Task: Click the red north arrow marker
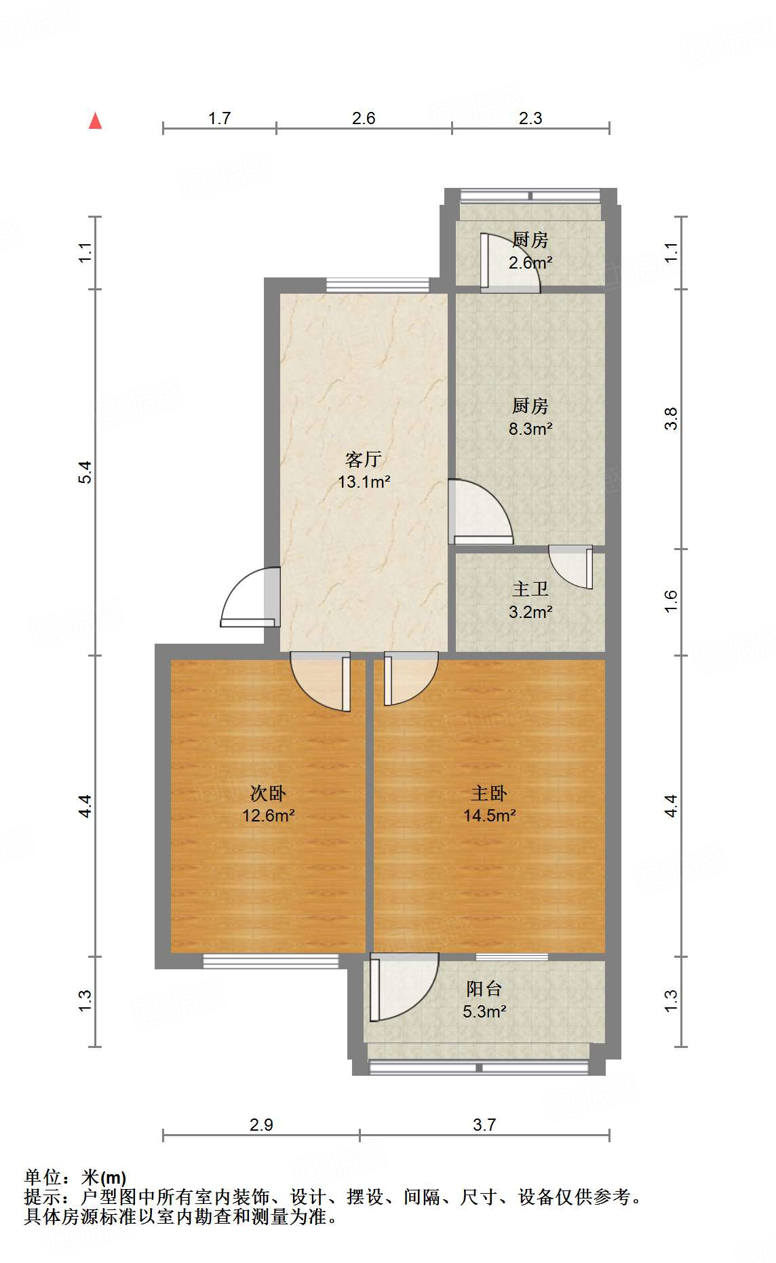tap(96, 121)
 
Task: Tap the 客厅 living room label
tap(363, 460)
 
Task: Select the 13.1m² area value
tap(364, 482)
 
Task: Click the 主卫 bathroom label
tap(530, 589)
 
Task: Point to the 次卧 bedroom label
tap(268, 793)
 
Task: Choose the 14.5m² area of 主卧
tap(489, 815)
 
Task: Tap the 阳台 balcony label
tap(484, 989)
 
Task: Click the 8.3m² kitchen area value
tap(530, 429)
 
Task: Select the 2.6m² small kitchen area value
tap(530, 263)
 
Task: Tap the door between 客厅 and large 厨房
tap(478, 513)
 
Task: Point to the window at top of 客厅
tap(377, 285)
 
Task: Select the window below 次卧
tap(271, 960)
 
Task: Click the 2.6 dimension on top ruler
tap(364, 119)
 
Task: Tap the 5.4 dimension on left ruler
tap(84, 472)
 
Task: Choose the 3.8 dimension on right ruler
tap(671, 419)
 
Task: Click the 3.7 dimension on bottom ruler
tap(484, 1125)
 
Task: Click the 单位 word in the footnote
tap(42, 1178)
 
